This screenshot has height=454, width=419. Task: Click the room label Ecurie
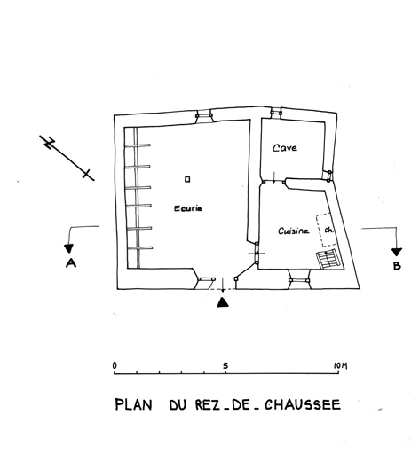pyautogui.click(x=188, y=208)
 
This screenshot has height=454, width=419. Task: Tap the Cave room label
pyautogui.click(x=285, y=147)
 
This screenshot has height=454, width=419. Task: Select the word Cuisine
pyautogui.click(x=294, y=231)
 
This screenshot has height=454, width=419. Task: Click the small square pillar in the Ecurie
pyautogui.click(x=187, y=179)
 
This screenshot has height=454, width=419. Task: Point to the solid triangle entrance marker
pyautogui.click(x=223, y=302)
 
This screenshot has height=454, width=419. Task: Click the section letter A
pyautogui.click(x=71, y=262)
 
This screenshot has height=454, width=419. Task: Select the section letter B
pyautogui.click(x=397, y=266)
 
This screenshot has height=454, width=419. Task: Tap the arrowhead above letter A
pyautogui.click(x=69, y=248)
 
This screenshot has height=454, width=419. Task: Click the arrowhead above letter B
pyautogui.click(x=397, y=252)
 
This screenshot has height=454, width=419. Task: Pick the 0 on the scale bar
pyautogui.click(x=115, y=365)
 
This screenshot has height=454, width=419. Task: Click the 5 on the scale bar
pyautogui.click(x=225, y=366)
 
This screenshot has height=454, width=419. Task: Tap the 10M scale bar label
pyautogui.click(x=340, y=366)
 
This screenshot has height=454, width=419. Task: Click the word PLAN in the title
pyautogui.click(x=133, y=404)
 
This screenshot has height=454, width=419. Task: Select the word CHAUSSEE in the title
pyautogui.click(x=303, y=404)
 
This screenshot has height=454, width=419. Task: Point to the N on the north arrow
pyautogui.click(x=49, y=143)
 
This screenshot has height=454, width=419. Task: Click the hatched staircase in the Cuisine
pyautogui.click(x=329, y=259)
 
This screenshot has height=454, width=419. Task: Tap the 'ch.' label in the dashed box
pyautogui.click(x=329, y=231)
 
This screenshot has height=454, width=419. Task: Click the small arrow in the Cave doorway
pyautogui.click(x=274, y=176)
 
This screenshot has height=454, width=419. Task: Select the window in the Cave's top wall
pyautogui.click(x=276, y=113)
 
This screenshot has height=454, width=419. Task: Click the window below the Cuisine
pyautogui.click(x=299, y=280)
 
